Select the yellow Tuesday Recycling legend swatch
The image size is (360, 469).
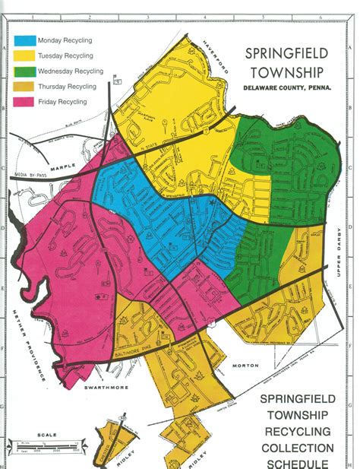24,54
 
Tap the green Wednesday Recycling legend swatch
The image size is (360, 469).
24,70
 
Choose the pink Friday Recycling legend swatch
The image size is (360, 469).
24,101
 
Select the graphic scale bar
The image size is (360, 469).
46,446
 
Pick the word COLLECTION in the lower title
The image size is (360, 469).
297,448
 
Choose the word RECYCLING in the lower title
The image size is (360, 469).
297,431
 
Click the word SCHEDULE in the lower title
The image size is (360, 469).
297,463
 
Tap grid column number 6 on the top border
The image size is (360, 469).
321,16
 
